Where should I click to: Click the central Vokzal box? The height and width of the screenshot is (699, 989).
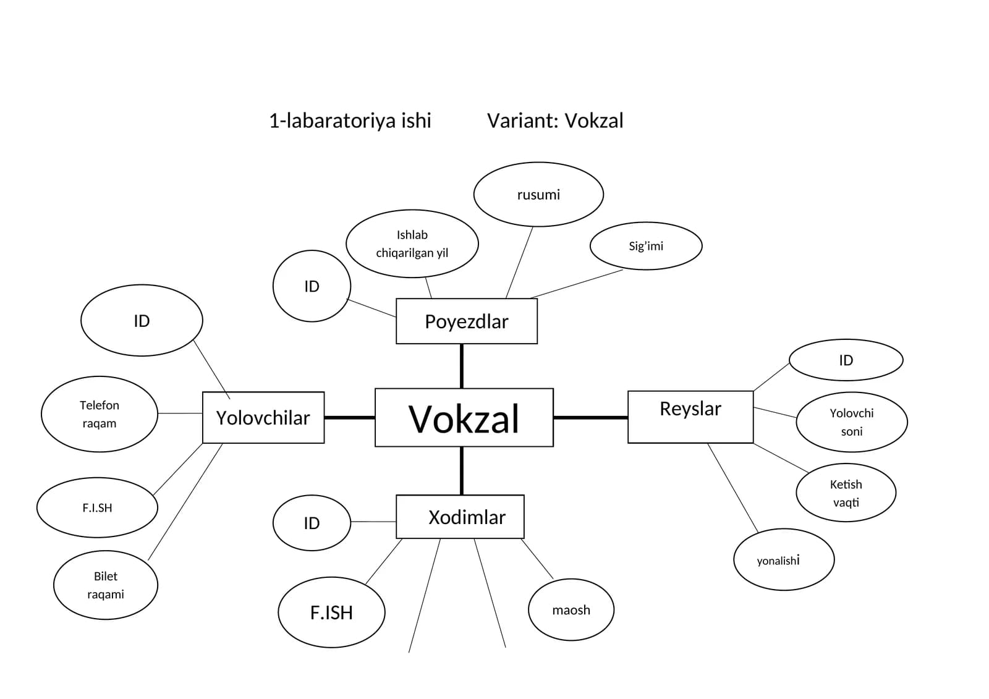click(x=464, y=418)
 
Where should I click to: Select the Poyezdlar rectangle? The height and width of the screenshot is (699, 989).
click(x=467, y=321)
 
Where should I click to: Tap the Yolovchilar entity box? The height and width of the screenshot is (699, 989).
click(x=263, y=417)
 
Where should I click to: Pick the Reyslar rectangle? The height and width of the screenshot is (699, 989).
click(x=690, y=417)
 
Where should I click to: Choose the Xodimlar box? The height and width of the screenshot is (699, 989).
click(x=460, y=517)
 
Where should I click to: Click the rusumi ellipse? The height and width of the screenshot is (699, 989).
click(x=538, y=194)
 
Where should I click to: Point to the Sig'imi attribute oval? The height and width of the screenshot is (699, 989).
click(x=646, y=246)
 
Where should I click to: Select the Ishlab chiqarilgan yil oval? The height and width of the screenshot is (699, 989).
click(x=412, y=244)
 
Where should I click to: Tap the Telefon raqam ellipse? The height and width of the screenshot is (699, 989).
click(x=100, y=414)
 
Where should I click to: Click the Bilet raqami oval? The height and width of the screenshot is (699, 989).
click(x=106, y=585)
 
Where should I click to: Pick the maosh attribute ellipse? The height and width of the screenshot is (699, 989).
click(x=571, y=610)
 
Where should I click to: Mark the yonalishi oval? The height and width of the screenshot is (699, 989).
click(x=784, y=559)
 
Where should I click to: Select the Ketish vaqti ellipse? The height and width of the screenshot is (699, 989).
click(x=846, y=493)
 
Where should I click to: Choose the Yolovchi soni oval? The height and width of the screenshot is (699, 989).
click(x=852, y=422)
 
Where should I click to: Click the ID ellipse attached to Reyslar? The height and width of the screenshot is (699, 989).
click(x=846, y=360)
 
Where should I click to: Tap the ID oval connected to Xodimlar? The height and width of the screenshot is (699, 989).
click(x=312, y=523)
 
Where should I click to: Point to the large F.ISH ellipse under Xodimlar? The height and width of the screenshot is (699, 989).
click(x=331, y=612)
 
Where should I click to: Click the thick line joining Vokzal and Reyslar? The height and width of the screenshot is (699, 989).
click(x=591, y=417)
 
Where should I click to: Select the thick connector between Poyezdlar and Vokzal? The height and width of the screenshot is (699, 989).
click(x=462, y=366)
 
